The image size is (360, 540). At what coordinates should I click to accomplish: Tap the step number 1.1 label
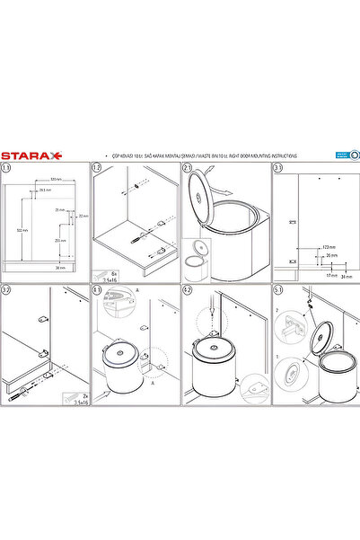point(8,168)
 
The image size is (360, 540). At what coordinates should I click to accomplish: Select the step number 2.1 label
point(189,168)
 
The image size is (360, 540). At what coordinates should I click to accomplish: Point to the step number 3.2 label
point(8,290)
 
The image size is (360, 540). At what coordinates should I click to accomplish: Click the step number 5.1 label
point(279,290)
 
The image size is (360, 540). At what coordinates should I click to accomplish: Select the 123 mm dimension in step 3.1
point(329,245)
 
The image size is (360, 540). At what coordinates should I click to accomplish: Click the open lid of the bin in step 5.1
point(327,336)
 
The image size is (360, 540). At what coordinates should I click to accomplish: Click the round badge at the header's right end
point(355,155)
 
